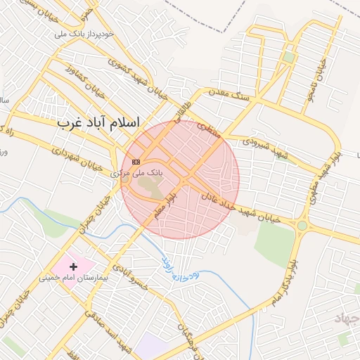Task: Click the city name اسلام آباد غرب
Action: tap(98, 122)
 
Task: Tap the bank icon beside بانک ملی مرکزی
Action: tap(136, 161)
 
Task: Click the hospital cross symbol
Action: tap(73, 266)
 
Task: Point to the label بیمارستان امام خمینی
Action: tap(74, 278)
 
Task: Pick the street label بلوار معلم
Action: tap(167, 204)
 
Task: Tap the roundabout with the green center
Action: tap(303, 225)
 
